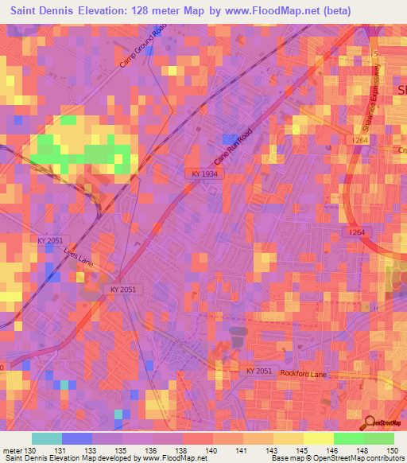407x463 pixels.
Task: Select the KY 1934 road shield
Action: (204, 173)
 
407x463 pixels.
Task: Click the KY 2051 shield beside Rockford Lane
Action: (258, 372)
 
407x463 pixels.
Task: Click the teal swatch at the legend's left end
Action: (47, 438)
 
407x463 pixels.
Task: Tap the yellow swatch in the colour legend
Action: (317, 438)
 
